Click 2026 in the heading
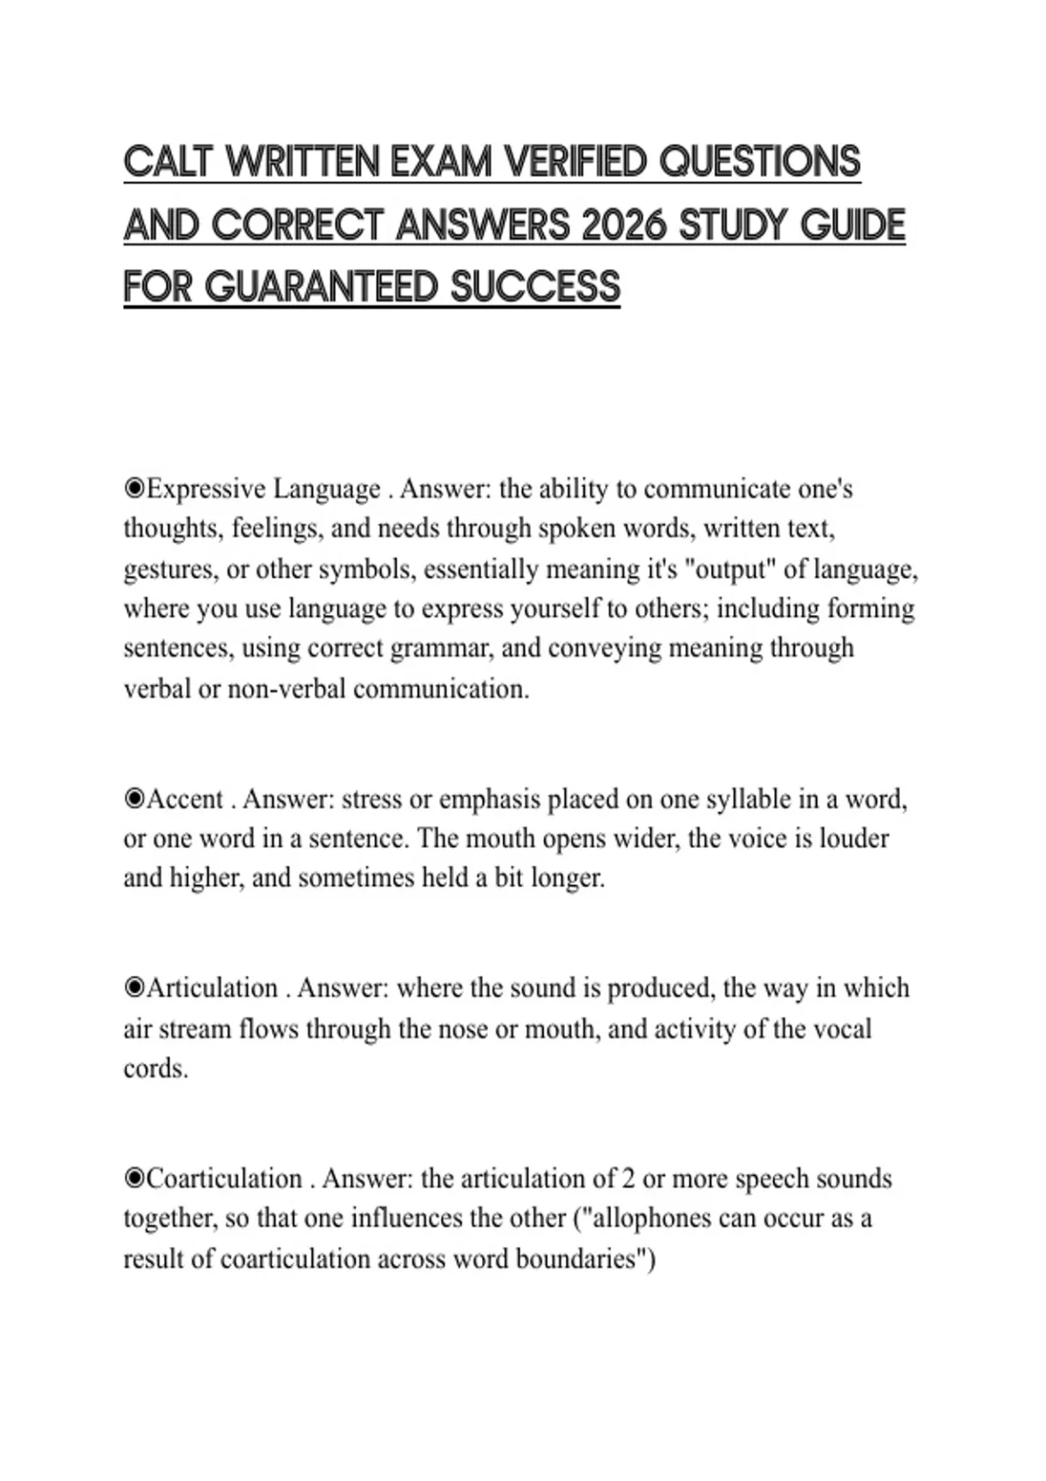pyautogui.click(x=624, y=226)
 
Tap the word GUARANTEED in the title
pyautogui.click(x=323, y=287)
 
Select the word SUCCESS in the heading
pyautogui.click(x=536, y=287)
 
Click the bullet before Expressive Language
pyautogui.click(x=134, y=489)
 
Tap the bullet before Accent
pyautogui.click(x=134, y=799)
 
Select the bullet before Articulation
pyautogui.click(x=134, y=988)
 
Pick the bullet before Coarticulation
pyautogui.click(x=134, y=1179)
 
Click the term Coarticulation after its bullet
pyautogui.click(x=224, y=1179)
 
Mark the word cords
pyautogui.click(x=155, y=1068)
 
